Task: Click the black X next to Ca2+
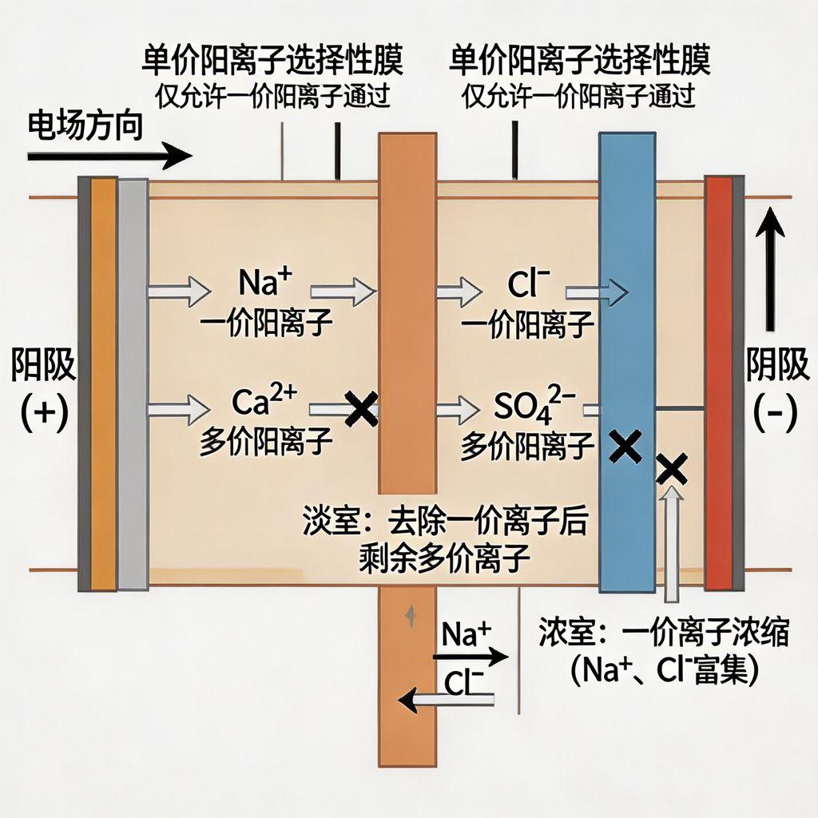tap(361, 409)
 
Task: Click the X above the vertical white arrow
tap(672, 470)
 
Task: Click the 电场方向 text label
tap(85, 126)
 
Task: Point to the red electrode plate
tap(718, 383)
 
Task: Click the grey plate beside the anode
tap(133, 383)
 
